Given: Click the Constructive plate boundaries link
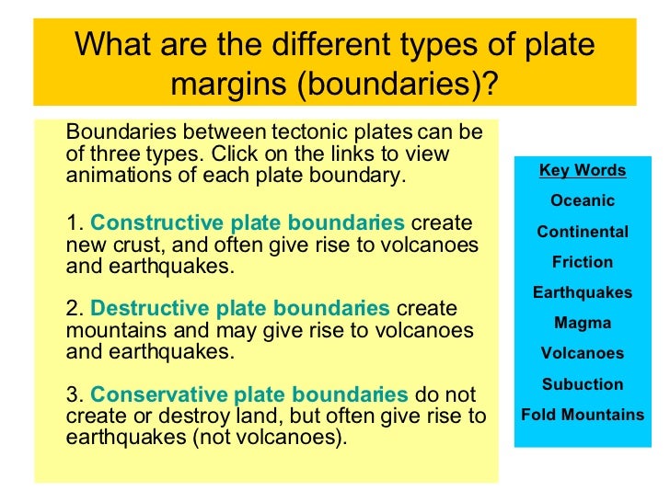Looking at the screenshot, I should (248, 224).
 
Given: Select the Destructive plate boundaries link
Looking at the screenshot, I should (241, 309).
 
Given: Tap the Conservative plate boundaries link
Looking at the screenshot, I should (249, 394).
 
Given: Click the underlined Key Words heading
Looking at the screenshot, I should (582, 171).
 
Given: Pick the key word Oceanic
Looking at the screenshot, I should (582, 201).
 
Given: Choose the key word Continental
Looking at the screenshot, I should (582, 232).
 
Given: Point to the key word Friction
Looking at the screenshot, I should (582, 262).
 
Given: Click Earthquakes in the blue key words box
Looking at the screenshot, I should (582, 293).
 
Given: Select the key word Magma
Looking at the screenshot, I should (582, 323).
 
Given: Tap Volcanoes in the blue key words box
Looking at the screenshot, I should (582, 353).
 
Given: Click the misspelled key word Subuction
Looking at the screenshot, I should (582, 384).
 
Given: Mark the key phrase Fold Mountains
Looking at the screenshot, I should (582, 415).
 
